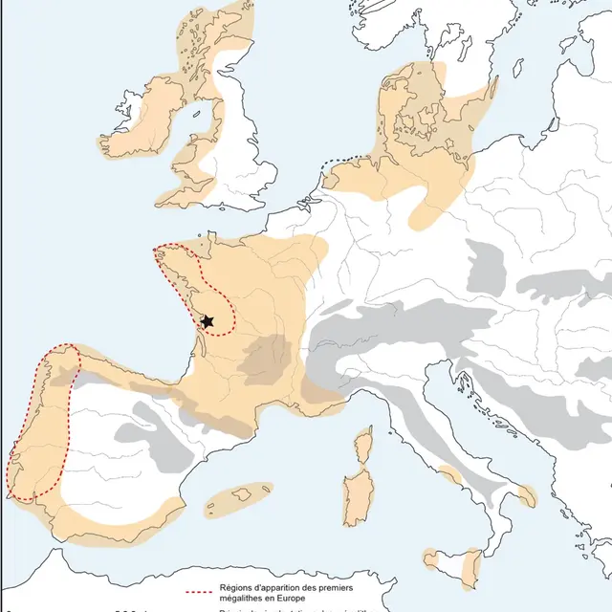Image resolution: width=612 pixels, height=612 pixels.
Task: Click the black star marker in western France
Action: [207, 322]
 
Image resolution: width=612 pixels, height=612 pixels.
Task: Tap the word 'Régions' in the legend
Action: [235, 588]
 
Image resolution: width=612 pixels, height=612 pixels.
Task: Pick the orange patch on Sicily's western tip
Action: [431, 557]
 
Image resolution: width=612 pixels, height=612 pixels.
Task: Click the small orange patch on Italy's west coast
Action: [449, 473]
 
